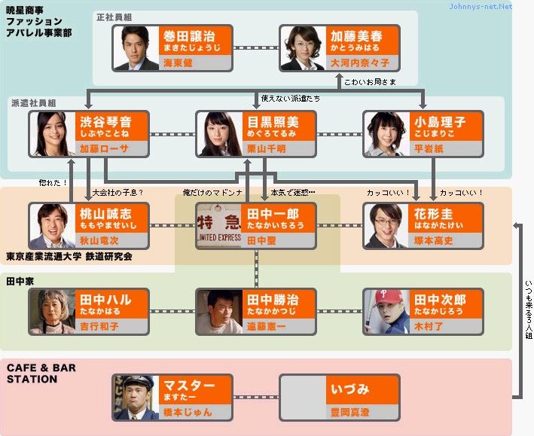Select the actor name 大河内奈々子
358,64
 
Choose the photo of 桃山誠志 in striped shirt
52,225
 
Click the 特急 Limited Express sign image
219,225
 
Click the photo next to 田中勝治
219,311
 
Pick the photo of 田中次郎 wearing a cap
386,311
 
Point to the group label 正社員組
114,16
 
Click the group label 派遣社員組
33,102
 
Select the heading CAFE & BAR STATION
41,373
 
